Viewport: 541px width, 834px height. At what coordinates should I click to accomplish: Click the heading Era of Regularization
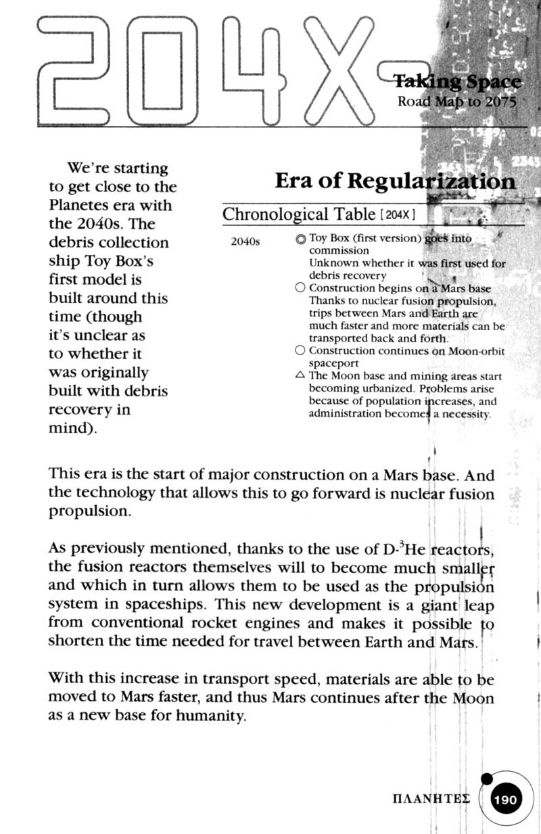click(x=395, y=181)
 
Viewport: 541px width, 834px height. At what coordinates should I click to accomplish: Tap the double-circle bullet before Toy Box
click(x=301, y=239)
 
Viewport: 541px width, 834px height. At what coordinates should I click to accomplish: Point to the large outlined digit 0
click(x=162, y=71)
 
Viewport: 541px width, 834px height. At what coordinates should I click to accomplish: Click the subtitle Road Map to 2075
click(x=456, y=103)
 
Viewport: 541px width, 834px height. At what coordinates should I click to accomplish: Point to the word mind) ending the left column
click(x=71, y=428)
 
